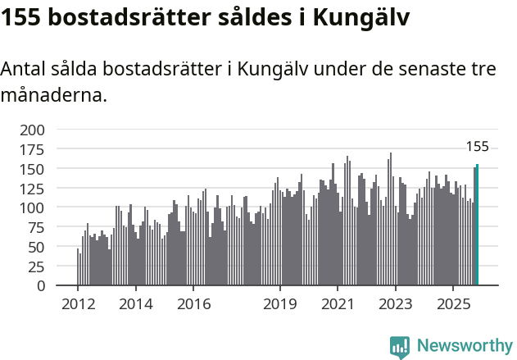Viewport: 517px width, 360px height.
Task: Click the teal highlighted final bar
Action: [477, 226]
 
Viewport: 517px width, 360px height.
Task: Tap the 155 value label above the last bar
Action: [477, 148]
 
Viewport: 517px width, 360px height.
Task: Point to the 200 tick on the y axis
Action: [32, 130]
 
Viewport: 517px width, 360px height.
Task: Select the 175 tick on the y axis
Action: [32, 149]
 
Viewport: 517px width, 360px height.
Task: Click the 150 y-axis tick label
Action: [32, 169]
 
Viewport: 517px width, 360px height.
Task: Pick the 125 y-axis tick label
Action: [32, 189]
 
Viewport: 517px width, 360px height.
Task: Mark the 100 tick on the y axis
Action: [32, 208]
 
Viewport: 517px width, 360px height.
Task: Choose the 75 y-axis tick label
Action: [36, 228]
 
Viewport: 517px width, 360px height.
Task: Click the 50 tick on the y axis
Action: [36, 248]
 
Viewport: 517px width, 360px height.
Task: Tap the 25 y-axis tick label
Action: [36, 267]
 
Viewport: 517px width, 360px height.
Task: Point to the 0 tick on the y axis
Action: [41, 286]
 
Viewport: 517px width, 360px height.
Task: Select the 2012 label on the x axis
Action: [78, 305]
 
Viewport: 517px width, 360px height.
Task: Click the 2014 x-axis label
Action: [135, 305]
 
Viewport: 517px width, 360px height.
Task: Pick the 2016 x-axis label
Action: [193, 305]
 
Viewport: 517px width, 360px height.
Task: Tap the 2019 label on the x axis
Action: [280, 305]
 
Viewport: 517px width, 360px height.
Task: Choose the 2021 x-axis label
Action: [338, 305]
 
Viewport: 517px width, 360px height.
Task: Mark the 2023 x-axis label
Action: [396, 305]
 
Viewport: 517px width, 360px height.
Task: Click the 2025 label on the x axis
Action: [453, 305]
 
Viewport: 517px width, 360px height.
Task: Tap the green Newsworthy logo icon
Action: [400, 346]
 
